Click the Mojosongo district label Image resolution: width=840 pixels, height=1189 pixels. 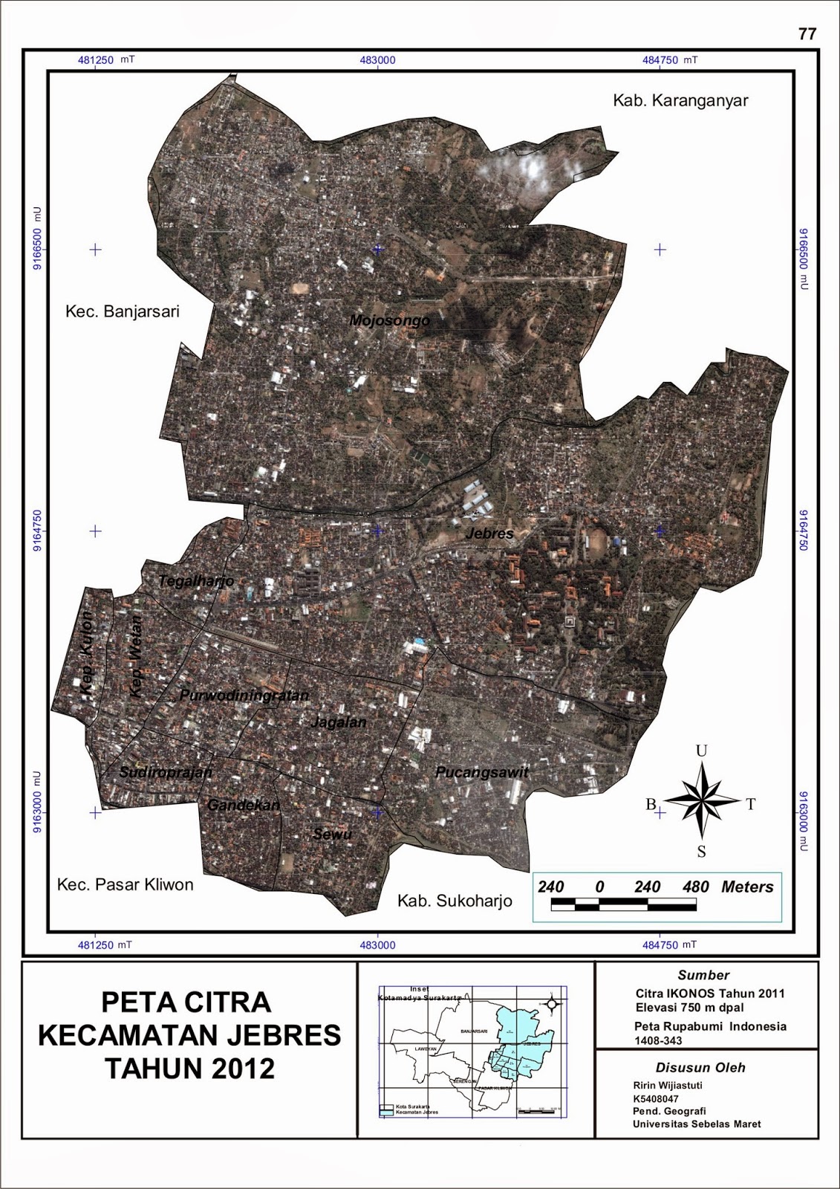390,321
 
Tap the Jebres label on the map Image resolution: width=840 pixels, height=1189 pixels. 489,534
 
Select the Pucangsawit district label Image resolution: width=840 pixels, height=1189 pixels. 482,772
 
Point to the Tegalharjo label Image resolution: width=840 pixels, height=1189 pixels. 197,581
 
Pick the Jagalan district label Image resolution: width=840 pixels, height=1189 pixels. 339,722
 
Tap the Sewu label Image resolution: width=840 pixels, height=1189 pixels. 332,835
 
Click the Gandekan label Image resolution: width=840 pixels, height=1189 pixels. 244,806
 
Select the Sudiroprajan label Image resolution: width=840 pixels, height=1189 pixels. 166,773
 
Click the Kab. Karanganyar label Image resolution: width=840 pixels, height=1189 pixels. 680,101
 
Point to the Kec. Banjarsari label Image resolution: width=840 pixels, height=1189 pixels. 123,311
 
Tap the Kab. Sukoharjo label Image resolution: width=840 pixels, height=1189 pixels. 455,901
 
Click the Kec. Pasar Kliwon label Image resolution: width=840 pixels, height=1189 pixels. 126,885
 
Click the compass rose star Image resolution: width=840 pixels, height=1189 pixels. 701,802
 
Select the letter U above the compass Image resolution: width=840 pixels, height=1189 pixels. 701,751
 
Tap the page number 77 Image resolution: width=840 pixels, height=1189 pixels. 807,34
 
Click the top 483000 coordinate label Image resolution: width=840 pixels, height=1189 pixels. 377,60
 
